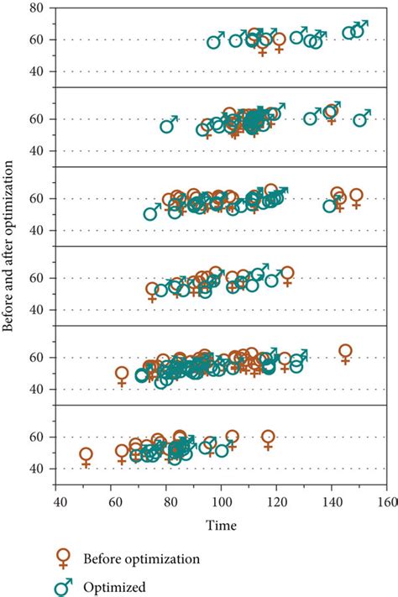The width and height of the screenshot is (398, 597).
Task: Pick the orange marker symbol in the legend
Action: [63, 559]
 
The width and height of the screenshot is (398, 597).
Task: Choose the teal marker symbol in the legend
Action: [63, 587]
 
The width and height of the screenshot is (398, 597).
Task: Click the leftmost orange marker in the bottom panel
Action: [86, 455]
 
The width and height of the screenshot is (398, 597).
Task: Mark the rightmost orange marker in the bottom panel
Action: [268, 437]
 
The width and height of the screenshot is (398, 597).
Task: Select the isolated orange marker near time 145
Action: [345, 352]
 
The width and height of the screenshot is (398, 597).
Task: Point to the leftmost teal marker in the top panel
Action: [216, 41]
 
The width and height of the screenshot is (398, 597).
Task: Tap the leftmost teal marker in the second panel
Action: [168, 126]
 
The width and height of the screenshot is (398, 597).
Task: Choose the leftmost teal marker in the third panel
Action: [151, 213]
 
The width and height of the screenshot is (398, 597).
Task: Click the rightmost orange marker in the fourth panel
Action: [287, 275]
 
